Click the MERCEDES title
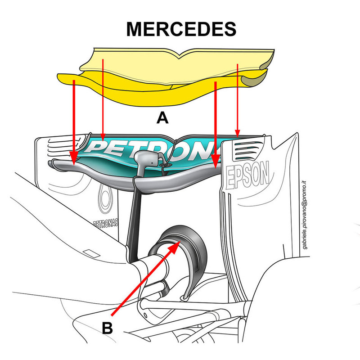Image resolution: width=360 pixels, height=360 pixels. (x=181, y=29)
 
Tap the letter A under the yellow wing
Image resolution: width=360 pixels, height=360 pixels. (x=162, y=118)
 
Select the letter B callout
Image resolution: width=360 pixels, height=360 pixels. (x=107, y=327)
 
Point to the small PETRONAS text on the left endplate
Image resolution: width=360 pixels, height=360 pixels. (x=106, y=223)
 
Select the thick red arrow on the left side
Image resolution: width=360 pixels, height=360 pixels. (x=73, y=117)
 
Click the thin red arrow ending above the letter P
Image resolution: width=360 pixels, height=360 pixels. (x=103, y=99)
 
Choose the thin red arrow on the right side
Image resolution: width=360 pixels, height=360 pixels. (x=237, y=99)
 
